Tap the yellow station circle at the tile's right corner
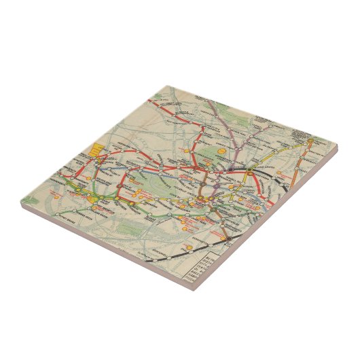[x=310, y=141]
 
